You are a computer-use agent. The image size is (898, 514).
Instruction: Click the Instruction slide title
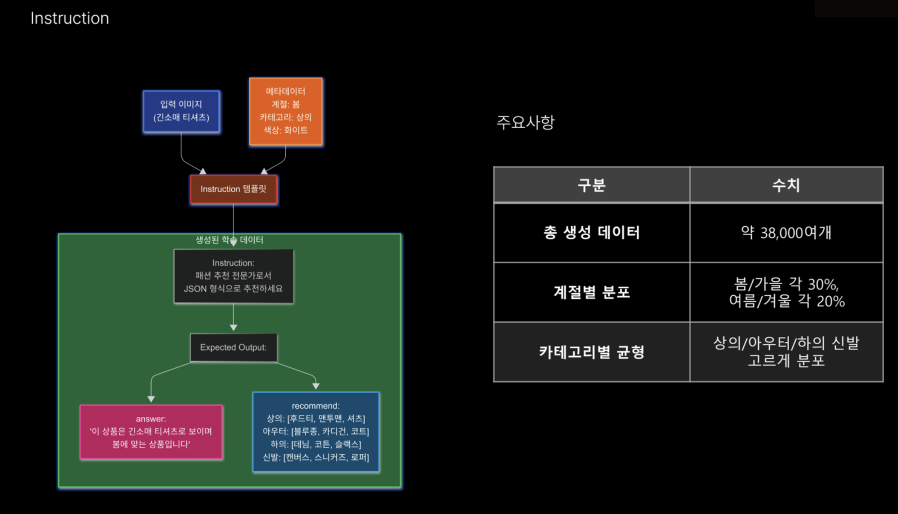[x=69, y=18]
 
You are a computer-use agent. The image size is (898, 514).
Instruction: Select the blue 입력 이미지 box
[x=181, y=111]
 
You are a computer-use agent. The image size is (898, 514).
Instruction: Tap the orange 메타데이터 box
[x=285, y=111]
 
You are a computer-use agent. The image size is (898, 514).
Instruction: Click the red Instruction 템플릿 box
[x=233, y=189]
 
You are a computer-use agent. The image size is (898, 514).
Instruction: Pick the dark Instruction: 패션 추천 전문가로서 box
[x=233, y=276]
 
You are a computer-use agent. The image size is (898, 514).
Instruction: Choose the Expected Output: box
[x=233, y=347]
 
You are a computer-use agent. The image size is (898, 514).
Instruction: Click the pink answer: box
[x=151, y=431]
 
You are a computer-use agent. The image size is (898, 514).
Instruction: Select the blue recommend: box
[x=315, y=431]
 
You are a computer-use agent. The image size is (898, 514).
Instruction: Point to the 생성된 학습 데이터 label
[x=229, y=240]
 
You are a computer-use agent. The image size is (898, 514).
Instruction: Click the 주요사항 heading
[x=525, y=122]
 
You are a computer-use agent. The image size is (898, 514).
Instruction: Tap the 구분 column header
[x=591, y=185]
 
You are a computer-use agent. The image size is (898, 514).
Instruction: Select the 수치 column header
[x=786, y=185]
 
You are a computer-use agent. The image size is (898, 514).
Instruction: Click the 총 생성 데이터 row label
[x=591, y=232]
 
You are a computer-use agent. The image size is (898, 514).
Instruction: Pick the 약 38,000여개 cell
[x=786, y=232]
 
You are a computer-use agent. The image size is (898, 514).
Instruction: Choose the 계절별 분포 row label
[x=591, y=292]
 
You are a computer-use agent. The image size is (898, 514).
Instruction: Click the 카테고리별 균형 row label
[x=591, y=352]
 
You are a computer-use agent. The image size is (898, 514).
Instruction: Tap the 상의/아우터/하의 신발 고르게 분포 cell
[x=786, y=351]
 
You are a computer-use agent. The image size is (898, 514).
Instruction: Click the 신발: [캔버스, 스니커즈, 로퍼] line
[x=315, y=457]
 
